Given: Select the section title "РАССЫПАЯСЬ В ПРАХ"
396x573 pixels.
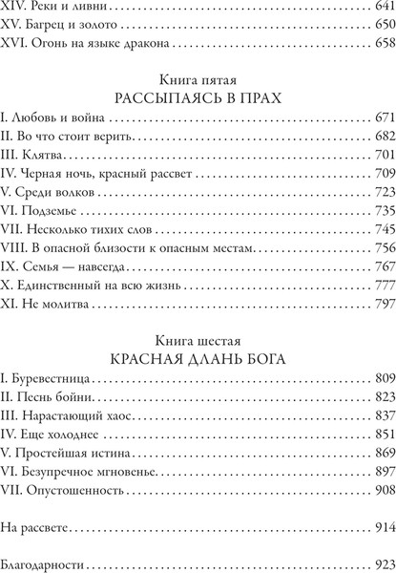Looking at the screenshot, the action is [198, 97].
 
